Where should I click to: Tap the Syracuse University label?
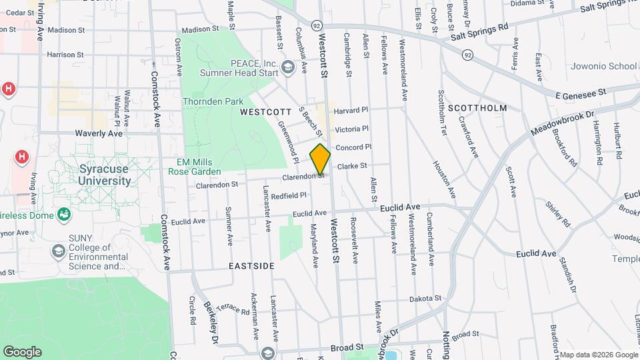(x=105, y=175)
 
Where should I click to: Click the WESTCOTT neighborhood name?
(x=266, y=112)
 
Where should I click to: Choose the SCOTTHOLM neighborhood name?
(x=477, y=107)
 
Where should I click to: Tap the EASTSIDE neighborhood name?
(x=251, y=266)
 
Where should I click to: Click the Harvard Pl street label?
(x=351, y=110)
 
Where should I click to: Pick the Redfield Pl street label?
(x=289, y=195)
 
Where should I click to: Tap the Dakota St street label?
(x=425, y=299)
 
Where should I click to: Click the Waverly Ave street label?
(x=99, y=133)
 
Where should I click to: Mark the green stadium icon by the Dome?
(x=64, y=215)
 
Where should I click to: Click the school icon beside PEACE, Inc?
(x=287, y=66)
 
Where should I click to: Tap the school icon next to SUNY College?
(x=59, y=251)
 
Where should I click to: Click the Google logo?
(x=22, y=351)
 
